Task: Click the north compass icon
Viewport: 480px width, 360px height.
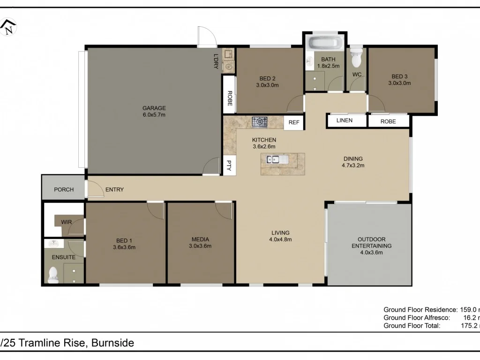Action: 8,27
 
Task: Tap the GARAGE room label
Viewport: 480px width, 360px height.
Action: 154,108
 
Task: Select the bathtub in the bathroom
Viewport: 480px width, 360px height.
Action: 324,44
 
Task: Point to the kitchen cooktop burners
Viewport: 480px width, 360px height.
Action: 259,122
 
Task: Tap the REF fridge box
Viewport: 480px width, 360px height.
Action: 294,122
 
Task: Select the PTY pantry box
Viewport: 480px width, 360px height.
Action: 229,165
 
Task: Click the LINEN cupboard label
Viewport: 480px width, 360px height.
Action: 345,120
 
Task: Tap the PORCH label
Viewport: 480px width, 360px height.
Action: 64,190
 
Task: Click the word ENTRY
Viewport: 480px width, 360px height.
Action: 114,190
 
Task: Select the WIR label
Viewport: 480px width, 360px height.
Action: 66,222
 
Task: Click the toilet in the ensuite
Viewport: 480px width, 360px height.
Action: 53,275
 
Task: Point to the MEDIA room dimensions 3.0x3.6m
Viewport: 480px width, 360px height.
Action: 200,246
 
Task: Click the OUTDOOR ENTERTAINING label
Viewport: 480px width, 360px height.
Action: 371,242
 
